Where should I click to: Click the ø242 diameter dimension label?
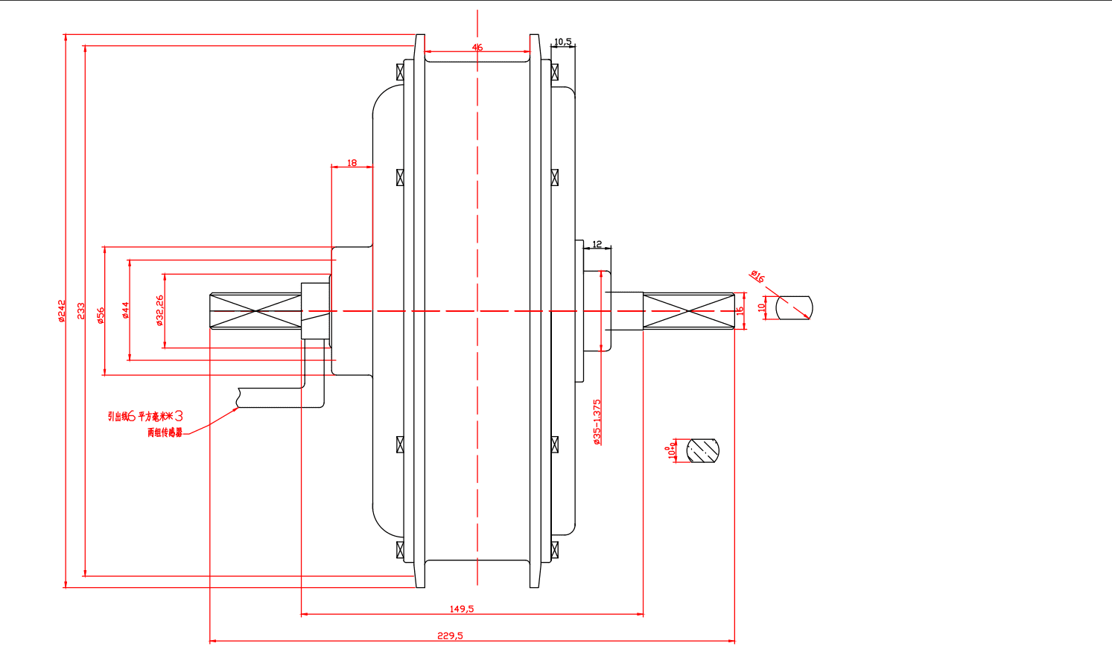(62, 310)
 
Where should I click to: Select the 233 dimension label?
(81, 310)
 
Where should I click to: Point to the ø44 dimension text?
(126, 310)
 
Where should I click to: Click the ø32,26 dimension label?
(159, 310)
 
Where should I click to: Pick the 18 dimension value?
(352, 162)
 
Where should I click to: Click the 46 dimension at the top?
(477, 47)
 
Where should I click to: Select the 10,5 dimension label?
(563, 42)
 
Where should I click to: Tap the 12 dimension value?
(597, 244)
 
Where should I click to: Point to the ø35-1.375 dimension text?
(597, 422)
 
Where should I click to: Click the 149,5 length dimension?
(461, 609)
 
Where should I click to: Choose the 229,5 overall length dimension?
(450, 636)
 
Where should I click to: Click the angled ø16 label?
(757, 277)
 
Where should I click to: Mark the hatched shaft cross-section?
(704, 450)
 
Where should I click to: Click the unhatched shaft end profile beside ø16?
(794, 307)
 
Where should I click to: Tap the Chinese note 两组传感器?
(165, 432)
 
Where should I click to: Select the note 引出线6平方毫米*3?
(145, 416)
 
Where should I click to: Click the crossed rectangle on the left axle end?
(255, 310)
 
